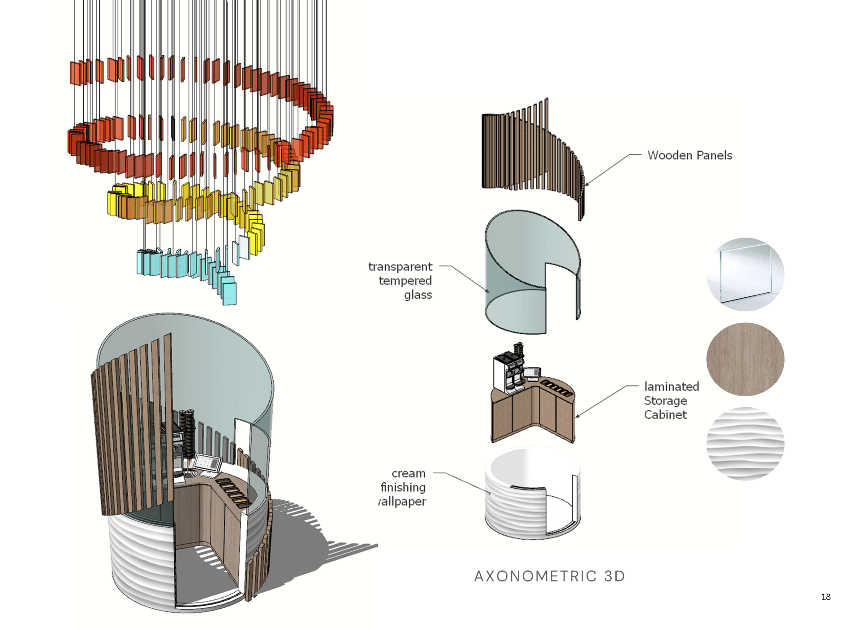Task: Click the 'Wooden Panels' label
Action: [x=690, y=155]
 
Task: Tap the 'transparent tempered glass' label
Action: [x=400, y=281]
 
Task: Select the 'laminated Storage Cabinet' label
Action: [x=672, y=401]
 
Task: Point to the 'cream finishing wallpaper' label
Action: [x=403, y=487]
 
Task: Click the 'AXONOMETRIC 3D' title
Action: [x=549, y=576]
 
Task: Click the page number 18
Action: [x=825, y=597]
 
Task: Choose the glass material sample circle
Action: [x=745, y=274]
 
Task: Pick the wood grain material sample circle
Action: [x=745, y=359]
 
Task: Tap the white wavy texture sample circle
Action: [x=745, y=444]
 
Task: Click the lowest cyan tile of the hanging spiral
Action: [x=230, y=294]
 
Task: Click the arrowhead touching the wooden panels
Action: [x=586, y=184]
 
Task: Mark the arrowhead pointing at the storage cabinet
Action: [x=577, y=416]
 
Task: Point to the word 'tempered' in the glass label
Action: [x=405, y=281]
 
